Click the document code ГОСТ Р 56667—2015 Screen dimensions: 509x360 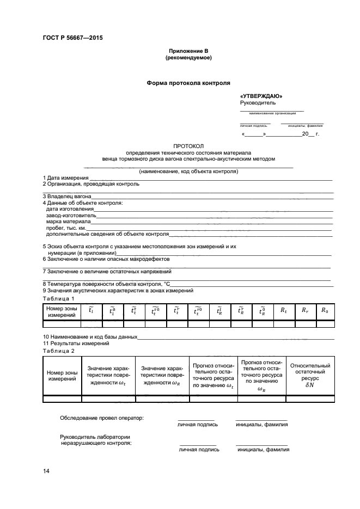click(72, 38)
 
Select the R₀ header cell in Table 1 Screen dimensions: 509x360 click(325, 310)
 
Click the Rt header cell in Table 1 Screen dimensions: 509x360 click(284, 310)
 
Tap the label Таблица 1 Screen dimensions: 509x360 click(58, 298)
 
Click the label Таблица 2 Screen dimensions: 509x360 click(58, 351)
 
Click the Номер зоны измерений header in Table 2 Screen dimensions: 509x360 click(62, 375)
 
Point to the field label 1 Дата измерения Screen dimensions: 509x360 click(65, 178)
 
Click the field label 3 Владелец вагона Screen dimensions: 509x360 click(67, 196)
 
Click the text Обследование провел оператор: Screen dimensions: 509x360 click(101, 418)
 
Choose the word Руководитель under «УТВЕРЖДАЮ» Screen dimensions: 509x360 click(258, 102)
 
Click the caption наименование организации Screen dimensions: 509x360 click(272, 113)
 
